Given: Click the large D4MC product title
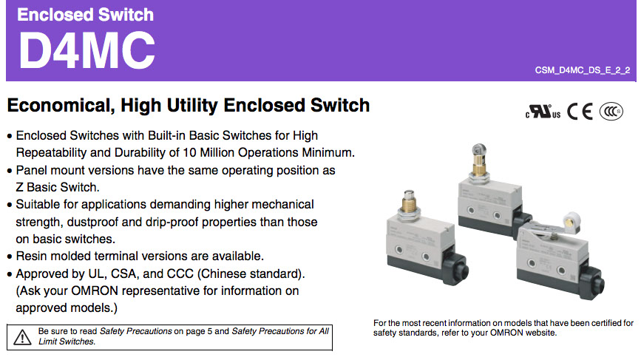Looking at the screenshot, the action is (87, 50).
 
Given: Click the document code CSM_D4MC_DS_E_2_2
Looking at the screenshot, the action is (583, 70).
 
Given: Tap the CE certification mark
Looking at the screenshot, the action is (580, 111).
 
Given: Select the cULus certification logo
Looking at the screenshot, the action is (543, 111).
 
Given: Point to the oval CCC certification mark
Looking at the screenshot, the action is (611, 111).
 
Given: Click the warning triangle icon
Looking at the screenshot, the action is (22, 338).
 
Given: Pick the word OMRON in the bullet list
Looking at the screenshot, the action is (95, 291).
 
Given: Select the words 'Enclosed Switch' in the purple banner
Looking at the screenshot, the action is (86, 15).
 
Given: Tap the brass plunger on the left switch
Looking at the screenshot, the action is (409, 203).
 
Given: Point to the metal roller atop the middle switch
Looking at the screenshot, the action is (479, 149).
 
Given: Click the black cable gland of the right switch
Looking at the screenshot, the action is (591, 283).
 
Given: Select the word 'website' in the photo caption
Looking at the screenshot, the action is (541, 333).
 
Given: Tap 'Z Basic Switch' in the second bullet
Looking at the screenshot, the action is (58, 187).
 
